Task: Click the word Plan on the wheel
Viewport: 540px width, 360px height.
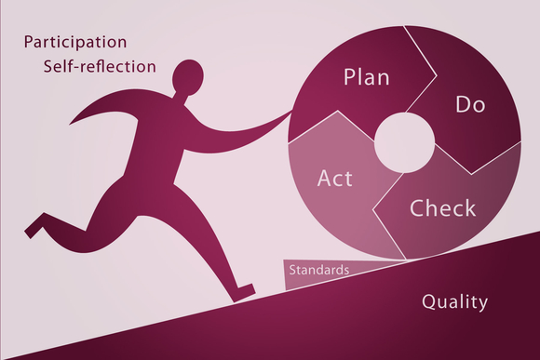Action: (x=366, y=76)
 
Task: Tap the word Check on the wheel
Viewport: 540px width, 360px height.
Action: (x=443, y=207)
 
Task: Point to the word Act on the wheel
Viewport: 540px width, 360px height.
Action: (x=335, y=177)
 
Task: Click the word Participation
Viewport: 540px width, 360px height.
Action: (x=75, y=42)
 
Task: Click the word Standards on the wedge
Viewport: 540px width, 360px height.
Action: (x=319, y=271)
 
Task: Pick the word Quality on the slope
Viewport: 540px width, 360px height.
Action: (x=454, y=301)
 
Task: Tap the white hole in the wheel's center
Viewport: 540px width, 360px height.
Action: (x=404, y=143)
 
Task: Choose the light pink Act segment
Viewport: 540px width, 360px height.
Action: (x=326, y=200)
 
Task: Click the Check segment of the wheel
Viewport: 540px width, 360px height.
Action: (x=456, y=219)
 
